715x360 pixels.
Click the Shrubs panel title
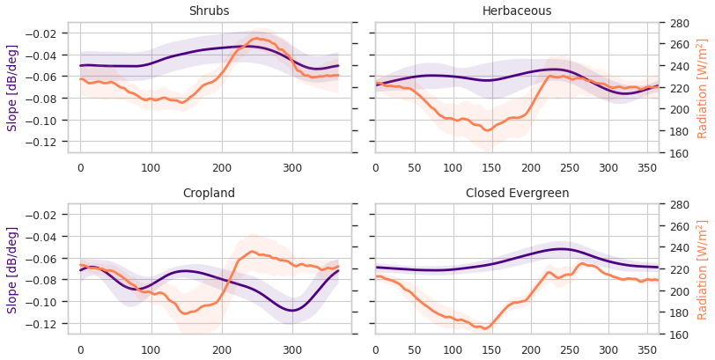click(209, 11)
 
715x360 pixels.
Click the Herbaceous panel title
click(517, 11)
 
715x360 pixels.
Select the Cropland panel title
click(209, 194)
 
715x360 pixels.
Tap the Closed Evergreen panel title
click(517, 194)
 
